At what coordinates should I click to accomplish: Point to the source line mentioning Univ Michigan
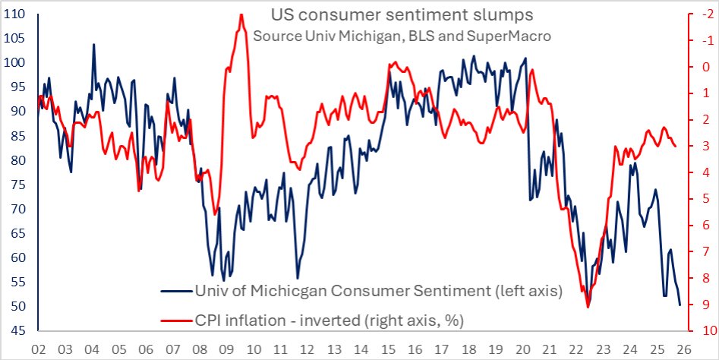(402, 36)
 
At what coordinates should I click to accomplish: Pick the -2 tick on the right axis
(703, 14)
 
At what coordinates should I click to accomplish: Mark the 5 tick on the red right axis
(702, 199)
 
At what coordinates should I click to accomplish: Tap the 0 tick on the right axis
(702, 67)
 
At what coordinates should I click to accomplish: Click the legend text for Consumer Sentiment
(377, 292)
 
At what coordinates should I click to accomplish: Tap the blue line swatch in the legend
(175, 292)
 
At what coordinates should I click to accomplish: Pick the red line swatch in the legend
(175, 321)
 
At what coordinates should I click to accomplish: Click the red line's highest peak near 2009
(241, 14)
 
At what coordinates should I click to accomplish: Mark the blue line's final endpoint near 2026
(680, 305)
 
